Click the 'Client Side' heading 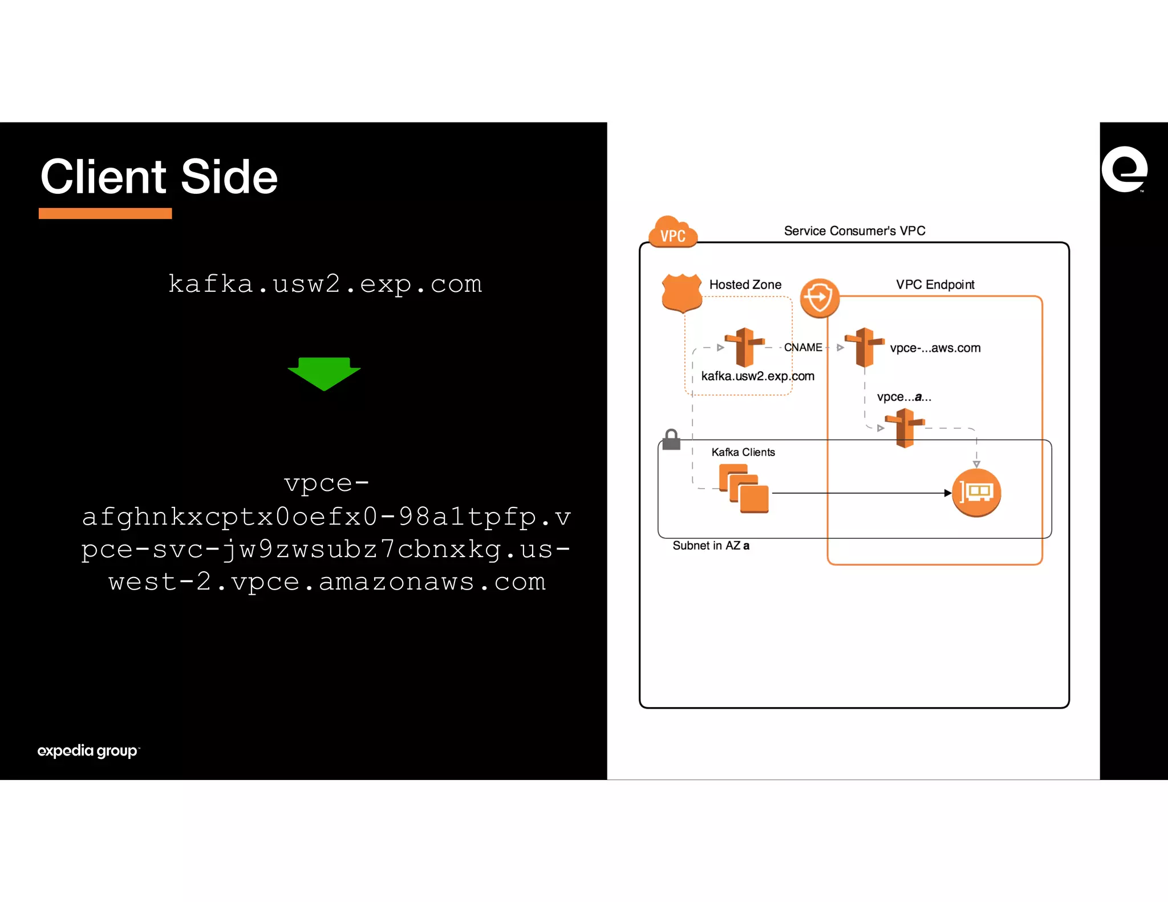click(159, 177)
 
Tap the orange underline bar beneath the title click(105, 213)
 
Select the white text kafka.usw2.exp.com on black click(325, 284)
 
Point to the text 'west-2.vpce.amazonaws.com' click(327, 582)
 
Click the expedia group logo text click(87, 750)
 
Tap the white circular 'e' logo click(1124, 169)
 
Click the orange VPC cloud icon click(673, 233)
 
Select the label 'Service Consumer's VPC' click(854, 231)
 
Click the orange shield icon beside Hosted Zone click(682, 292)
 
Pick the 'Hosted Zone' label click(745, 285)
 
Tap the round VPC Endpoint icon click(820, 298)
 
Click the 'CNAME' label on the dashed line click(803, 347)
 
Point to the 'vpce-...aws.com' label click(935, 348)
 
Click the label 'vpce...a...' click(904, 397)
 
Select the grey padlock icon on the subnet click(671, 440)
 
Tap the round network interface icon click(976, 493)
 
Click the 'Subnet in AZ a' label click(711, 546)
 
